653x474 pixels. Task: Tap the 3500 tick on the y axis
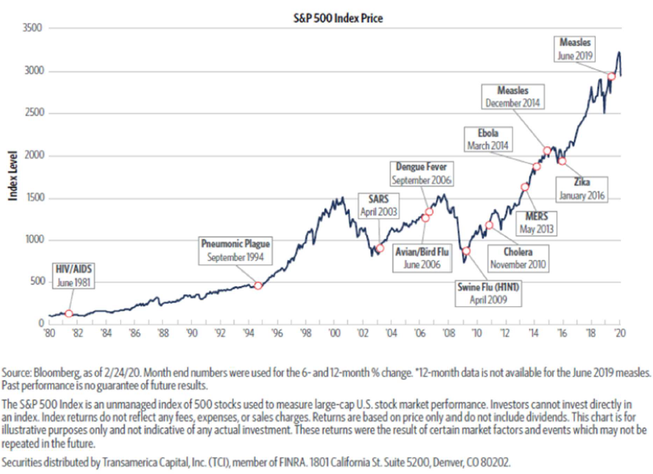34,28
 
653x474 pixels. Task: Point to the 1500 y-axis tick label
34,198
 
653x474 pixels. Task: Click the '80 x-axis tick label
50,333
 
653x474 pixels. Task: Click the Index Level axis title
12,177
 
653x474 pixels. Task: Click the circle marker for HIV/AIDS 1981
69,313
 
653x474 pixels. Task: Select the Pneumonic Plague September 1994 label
235,251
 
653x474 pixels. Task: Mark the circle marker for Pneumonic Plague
258,286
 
